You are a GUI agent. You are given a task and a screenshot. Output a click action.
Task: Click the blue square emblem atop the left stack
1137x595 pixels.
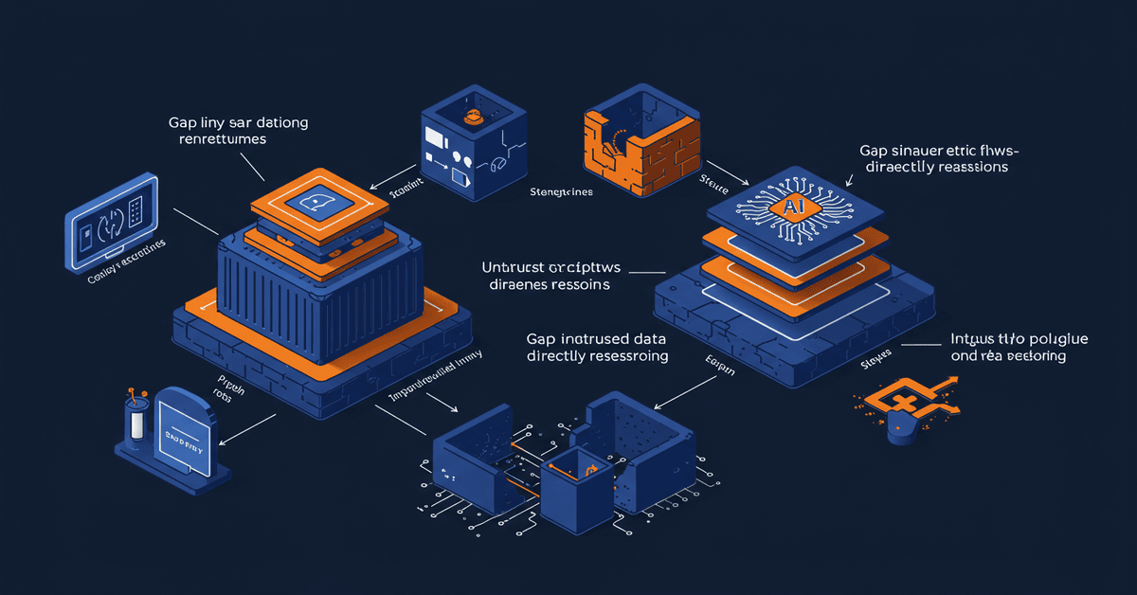click(x=319, y=202)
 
